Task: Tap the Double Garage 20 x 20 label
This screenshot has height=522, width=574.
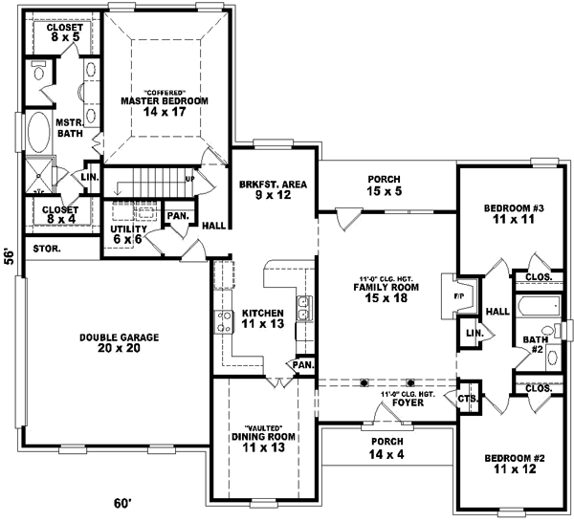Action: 120,343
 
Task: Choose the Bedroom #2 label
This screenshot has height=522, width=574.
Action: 515,464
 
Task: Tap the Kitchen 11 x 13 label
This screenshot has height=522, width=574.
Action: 262,319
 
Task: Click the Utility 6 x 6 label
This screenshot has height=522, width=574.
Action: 127,234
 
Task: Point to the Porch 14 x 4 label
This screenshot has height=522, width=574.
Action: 386,447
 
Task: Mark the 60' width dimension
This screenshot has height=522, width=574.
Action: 122,503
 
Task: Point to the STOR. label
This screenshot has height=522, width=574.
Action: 47,249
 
